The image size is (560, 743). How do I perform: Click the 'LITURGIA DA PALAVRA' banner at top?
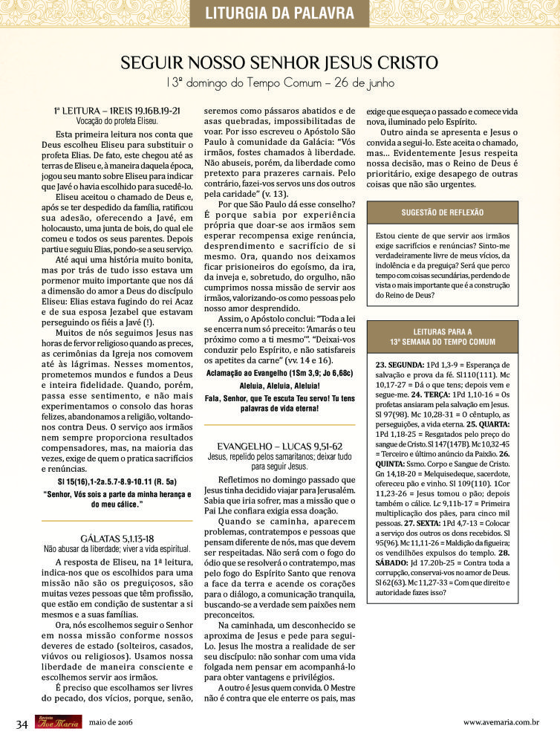[279, 13]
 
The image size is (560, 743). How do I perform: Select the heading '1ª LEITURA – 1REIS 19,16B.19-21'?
[117, 110]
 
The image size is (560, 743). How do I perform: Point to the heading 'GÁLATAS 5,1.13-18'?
[117, 537]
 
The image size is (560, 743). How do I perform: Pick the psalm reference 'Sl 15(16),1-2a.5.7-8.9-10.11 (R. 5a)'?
[117, 481]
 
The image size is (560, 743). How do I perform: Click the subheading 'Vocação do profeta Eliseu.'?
[117, 120]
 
